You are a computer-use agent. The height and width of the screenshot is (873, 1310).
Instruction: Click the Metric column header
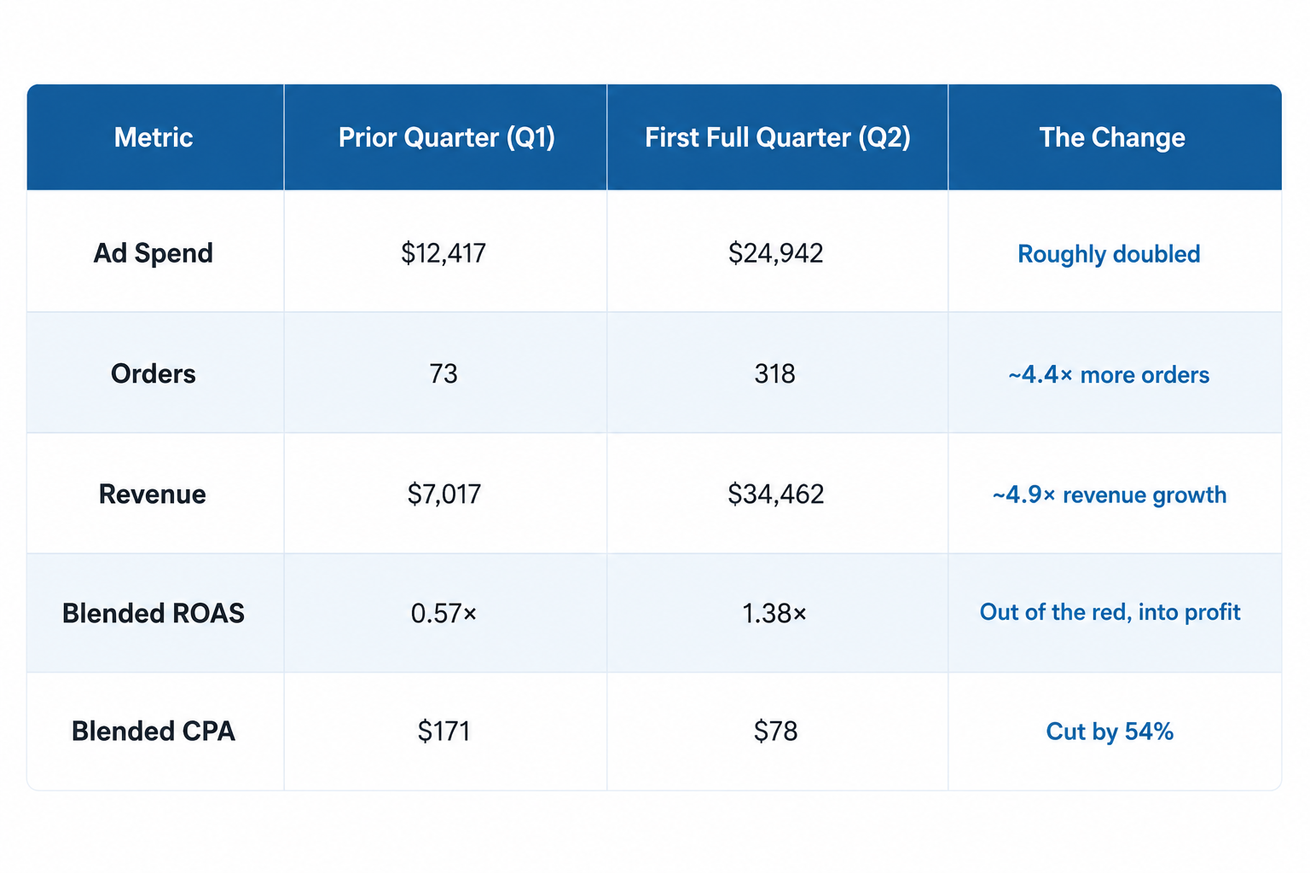tap(154, 137)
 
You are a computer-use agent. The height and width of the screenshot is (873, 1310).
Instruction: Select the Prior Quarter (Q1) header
tap(446, 138)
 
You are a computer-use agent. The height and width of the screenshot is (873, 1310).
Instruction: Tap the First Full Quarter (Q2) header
tap(777, 138)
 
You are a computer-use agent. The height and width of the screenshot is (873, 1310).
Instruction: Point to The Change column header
tap(1112, 138)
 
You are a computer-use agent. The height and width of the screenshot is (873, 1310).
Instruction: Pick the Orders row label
tap(154, 374)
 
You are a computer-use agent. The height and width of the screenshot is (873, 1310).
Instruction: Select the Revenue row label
tap(152, 494)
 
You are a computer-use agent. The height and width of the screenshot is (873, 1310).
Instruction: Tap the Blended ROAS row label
tap(154, 613)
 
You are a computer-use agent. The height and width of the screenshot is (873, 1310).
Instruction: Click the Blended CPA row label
tap(154, 731)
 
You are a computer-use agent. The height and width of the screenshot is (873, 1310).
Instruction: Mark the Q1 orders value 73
tap(443, 374)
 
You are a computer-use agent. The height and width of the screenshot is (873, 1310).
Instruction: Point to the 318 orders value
tap(775, 374)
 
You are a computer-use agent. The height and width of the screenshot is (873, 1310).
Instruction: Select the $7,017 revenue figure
tap(443, 494)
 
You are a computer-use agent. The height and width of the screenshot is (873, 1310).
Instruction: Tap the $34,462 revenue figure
tap(775, 494)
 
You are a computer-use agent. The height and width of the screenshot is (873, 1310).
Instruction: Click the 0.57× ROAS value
tap(443, 613)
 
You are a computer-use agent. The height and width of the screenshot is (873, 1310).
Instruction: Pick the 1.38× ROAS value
tap(774, 613)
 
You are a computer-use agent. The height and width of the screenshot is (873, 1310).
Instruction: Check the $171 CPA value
tap(443, 731)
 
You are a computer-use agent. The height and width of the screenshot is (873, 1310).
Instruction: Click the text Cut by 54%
tap(1110, 731)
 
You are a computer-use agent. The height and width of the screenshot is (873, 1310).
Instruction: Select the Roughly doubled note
tap(1109, 254)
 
